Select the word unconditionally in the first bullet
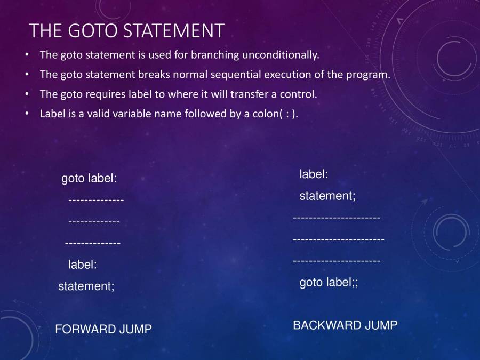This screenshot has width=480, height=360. (x=281, y=55)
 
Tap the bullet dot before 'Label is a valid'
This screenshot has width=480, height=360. (x=27, y=114)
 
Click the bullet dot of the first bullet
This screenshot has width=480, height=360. (x=27, y=55)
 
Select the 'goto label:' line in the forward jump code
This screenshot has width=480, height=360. (x=89, y=179)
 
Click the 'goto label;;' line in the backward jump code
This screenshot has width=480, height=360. (x=329, y=283)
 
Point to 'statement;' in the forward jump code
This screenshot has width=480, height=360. (x=86, y=286)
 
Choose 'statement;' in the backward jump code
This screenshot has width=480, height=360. (x=327, y=196)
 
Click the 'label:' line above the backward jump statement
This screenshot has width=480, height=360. (x=314, y=174)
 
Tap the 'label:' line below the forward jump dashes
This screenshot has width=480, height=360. (x=82, y=265)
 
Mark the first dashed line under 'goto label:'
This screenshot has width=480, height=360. (x=96, y=201)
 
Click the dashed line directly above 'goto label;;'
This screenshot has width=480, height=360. (x=337, y=261)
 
